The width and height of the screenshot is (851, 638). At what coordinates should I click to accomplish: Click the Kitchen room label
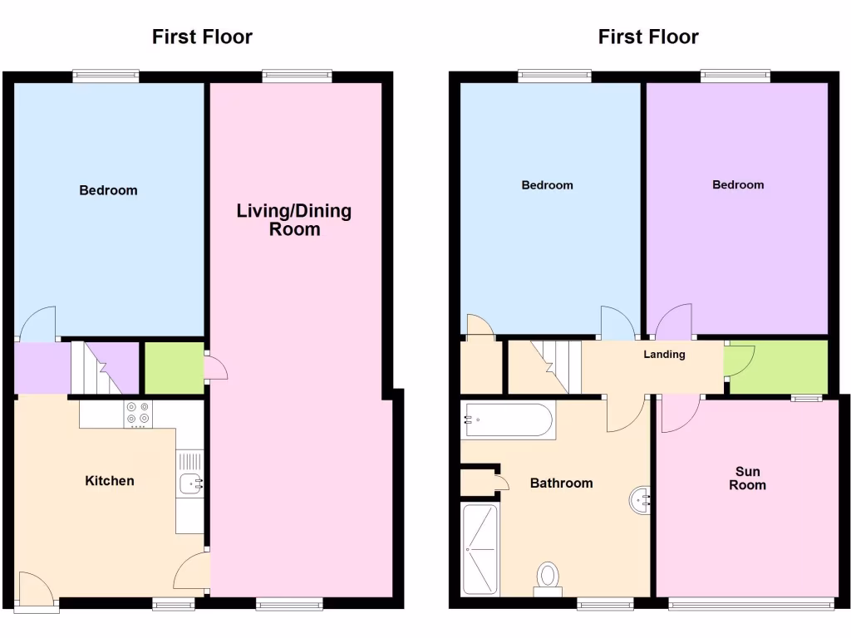click(x=110, y=481)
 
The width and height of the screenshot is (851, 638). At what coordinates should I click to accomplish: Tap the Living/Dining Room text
click(x=294, y=219)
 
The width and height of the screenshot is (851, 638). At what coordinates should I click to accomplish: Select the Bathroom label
click(x=562, y=483)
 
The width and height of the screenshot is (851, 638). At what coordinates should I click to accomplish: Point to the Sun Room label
click(x=747, y=478)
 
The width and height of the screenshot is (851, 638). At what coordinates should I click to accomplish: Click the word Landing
click(x=665, y=355)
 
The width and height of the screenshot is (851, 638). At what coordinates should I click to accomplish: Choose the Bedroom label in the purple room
click(x=738, y=184)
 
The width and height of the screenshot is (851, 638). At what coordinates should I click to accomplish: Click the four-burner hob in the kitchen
click(x=137, y=414)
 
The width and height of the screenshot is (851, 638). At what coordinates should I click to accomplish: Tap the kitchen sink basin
click(x=189, y=483)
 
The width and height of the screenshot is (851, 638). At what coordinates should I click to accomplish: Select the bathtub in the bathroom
click(x=506, y=420)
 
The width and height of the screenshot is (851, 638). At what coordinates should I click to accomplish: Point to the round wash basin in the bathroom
click(x=641, y=500)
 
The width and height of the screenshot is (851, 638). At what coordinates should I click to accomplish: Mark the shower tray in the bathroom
click(x=480, y=549)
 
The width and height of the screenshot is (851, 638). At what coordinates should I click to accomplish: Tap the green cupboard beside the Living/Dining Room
click(x=174, y=367)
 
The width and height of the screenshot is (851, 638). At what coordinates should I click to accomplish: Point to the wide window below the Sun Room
click(x=751, y=603)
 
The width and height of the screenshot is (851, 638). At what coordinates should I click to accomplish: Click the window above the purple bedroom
click(x=735, y=76)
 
